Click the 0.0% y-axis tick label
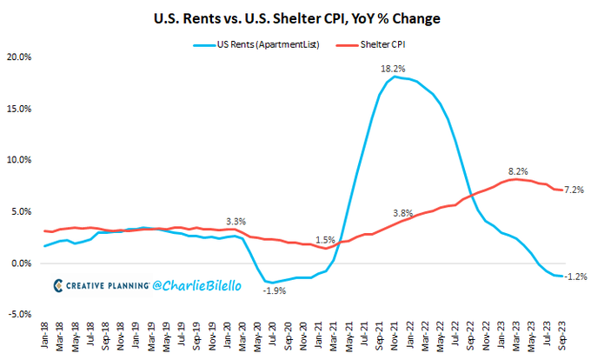[x=19, y=263]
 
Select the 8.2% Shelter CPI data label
[x=519, y=171]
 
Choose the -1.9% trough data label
[x=275, y=291]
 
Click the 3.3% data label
[x=236, y=221]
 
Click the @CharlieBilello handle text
[x=192, y=284]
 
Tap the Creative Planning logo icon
[x=57, y=285]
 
